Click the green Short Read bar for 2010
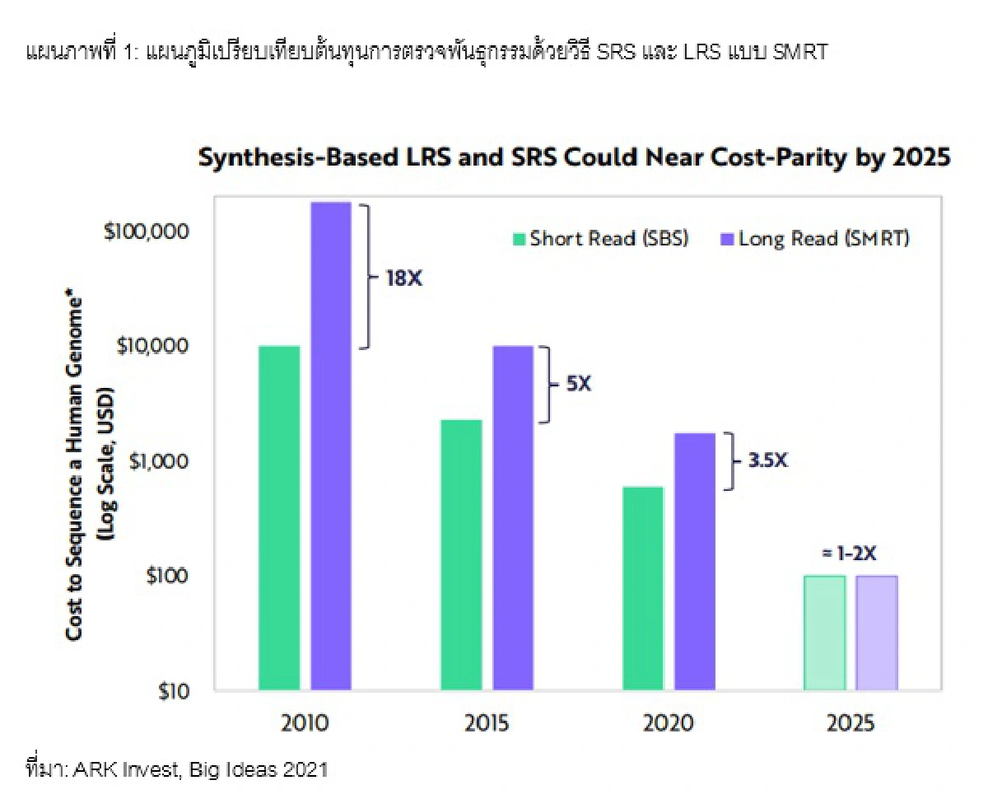coord(279,517)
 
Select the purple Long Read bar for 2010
coord(331,445)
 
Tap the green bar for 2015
coord(462,554)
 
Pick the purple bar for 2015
coord(513,517)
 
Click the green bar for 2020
coord(643,588)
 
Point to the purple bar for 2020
coord(695,561)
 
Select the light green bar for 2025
coord(825,633)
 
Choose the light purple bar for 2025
coord(877,633)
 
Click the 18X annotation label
coord(403,278)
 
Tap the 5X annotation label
coord(579,384)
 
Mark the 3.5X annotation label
coord(767,460)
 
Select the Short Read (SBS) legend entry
coord(599,239)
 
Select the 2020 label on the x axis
coord(669,724)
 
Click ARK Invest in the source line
coord(126,770)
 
